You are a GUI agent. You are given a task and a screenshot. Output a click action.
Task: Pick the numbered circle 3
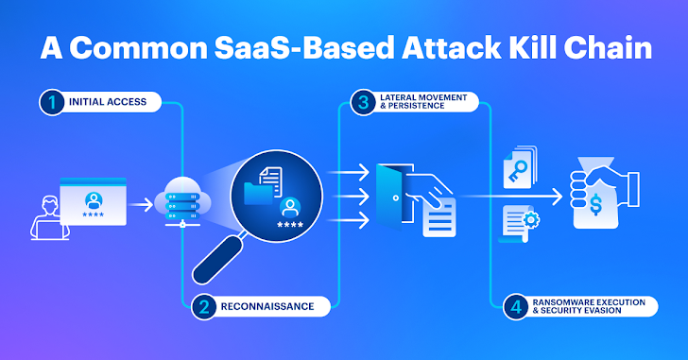(361, 102)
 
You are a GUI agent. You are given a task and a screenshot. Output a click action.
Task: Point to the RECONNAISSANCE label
(267, 306)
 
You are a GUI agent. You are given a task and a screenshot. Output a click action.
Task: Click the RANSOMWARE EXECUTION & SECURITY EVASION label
(588, 306)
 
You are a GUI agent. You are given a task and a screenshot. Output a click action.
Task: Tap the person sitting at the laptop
(45, 216)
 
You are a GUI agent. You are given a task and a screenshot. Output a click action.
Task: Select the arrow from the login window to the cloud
(140, 202)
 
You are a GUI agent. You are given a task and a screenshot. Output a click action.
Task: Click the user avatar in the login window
(94, 199)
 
